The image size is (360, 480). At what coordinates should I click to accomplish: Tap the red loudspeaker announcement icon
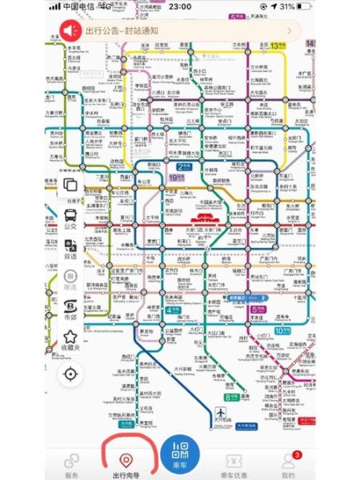coord(67,30)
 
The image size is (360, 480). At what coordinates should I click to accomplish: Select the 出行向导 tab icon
coord(125,460)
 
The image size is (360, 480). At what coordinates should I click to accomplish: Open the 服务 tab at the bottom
coord(72,463)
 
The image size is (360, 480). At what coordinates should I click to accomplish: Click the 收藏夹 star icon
coord(70,340)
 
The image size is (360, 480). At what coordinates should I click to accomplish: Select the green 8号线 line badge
coord(230,395)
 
